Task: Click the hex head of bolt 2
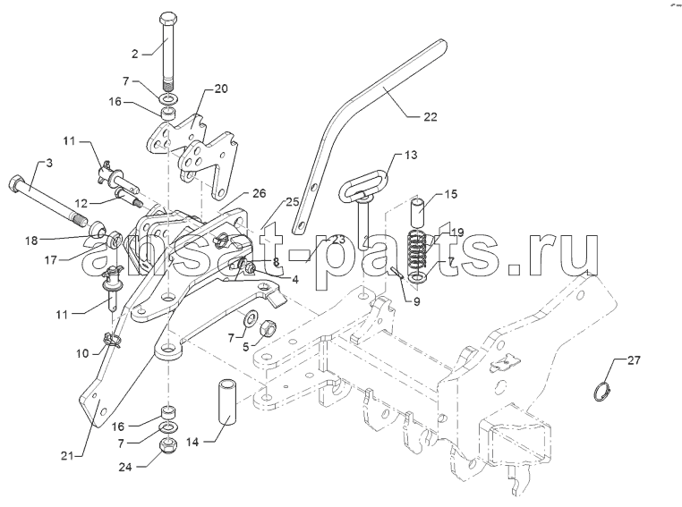point(168,21)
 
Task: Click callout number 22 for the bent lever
point(430,116)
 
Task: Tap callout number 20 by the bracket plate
point(221,89)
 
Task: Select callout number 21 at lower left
point(68,456)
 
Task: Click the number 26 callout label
point(259,193)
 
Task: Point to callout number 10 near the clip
point(82,353)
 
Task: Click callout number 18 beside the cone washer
point(31,241)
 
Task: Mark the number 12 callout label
point(81,203)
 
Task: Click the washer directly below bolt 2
point(170,98)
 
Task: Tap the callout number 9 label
point(417,301)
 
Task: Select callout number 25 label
point(293,202)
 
